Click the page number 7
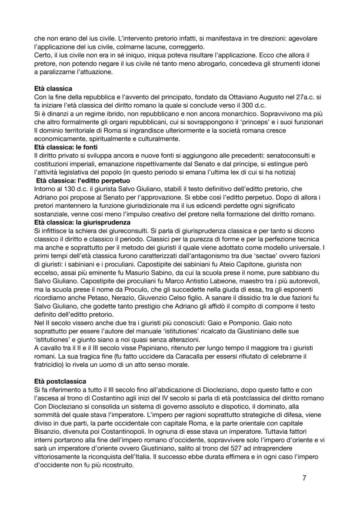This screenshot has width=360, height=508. (x=304, y=478)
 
